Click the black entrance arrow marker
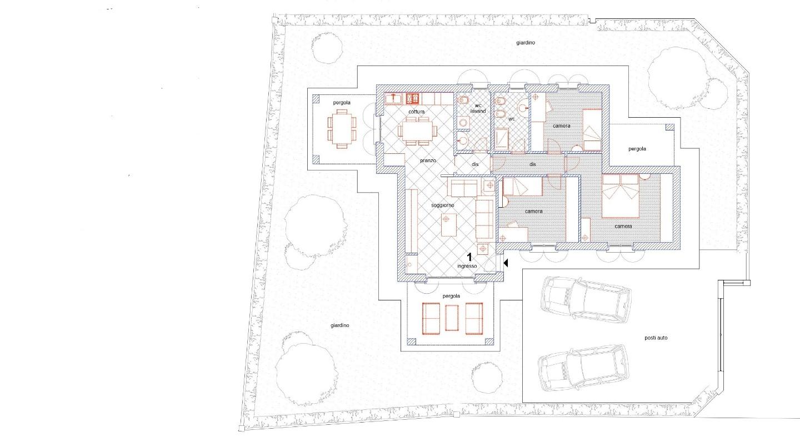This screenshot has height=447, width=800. pyautogui.click(x=506, y=263)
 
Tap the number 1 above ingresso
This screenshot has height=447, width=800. pyautogui.click(x=469, y=257)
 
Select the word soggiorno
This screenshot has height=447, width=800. pyautogui.click(x=442, y=205)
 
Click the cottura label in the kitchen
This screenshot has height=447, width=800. pyautogui.click(x=417, y=112)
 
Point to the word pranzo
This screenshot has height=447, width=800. pyautogui.click(x=428, y=160)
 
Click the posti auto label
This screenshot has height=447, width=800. pyautogui.click(x=656, y=338)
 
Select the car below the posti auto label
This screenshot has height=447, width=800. pyautogui.click(x=583, y=368)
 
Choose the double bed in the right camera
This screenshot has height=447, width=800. pyautogui.click(x=621, y=195)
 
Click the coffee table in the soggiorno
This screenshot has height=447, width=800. pyautogui.click(x=449, y=225)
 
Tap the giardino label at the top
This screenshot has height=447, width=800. pyautogui.click(x=526, y=43)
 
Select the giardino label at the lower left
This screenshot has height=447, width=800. pyautogui.click(x=339, y=325)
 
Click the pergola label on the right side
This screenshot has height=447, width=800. pyautogui.click(x=637, y=149)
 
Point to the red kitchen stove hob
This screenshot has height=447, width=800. pyautogui.click(x=412, y=98)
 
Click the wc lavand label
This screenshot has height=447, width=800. pyautogui.click(x=478, y=108)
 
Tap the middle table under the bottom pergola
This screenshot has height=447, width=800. pyautogui.click(x=452, y=318)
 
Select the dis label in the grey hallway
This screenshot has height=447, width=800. pyautogui.click(x=532, y=164)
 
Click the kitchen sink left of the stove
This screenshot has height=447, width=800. pyautogui.click(x=393, y=98)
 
